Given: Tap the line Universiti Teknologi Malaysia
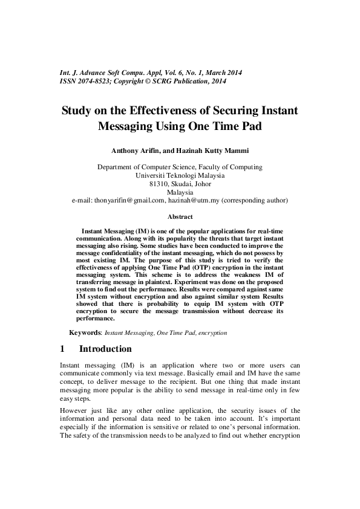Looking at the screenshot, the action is tap(180, 175).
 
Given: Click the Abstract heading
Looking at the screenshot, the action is tap(180, 216).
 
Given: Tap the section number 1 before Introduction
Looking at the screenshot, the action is tap(63, 349).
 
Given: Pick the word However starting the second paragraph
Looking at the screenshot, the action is tap(74, 411).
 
